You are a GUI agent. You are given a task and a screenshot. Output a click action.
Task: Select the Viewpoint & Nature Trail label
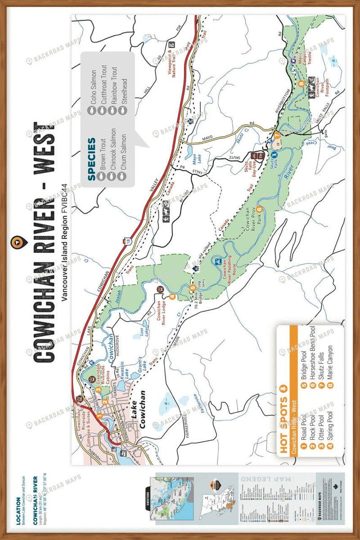[175, 69]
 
